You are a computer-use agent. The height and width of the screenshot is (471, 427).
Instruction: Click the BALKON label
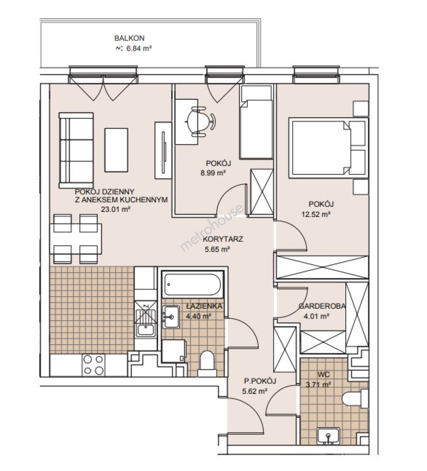[129, 38]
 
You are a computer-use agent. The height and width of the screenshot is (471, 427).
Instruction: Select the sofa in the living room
[76, 150]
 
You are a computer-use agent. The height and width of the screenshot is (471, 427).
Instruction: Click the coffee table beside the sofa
[117, 150]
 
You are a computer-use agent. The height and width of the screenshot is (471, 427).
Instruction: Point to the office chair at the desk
[200, 121]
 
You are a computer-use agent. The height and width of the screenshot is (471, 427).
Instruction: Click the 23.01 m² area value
[115, 209]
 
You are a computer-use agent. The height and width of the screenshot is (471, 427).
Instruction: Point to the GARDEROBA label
[322, 306]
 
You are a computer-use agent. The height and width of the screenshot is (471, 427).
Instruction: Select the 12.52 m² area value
[316, 215]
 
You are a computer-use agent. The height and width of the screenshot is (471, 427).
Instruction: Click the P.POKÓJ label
[260, 381]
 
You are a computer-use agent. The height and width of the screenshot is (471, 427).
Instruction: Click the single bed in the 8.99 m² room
[256, 122]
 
